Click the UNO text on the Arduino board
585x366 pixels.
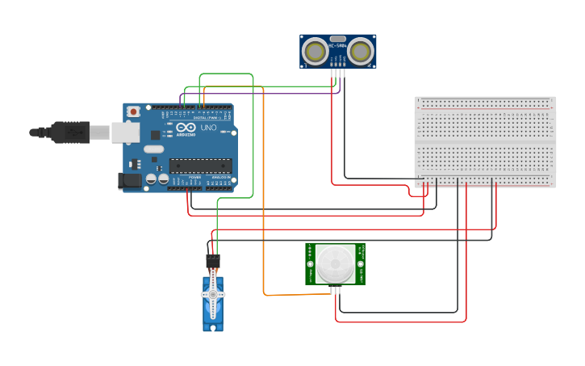(x=207, y=128)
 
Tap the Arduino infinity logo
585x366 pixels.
(x=186, y=128)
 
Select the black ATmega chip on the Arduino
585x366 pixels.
(x=200, y=166)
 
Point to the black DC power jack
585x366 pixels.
(x=129, y=182)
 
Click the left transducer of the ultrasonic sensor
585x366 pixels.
(x=315, y=52)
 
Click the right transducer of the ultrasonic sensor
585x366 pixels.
(x=361, y=52)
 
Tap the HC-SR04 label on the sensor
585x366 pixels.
(x=337, y=57)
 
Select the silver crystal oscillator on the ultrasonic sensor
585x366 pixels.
(x=337, y=39)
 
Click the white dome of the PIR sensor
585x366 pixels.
(x=335, y=263)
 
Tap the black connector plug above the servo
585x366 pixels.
(x=212, y=261)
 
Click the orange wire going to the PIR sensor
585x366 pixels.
(x=264, y=202)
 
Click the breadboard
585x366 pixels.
(x=485, y=141)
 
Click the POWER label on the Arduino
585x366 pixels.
(x=195, y=177)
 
